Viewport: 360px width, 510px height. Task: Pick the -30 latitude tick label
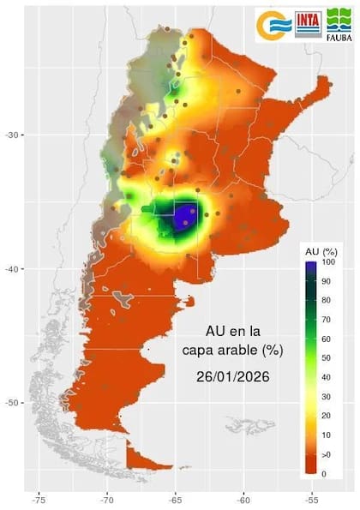[15, 135]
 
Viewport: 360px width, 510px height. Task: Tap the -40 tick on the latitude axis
[15, 269]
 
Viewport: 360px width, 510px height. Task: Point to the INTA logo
[308, 25]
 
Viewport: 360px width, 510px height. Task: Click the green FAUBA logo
[339, 26]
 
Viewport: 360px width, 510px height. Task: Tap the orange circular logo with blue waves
[273, 26]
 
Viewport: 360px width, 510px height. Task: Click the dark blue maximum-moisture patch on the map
[185, 216]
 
